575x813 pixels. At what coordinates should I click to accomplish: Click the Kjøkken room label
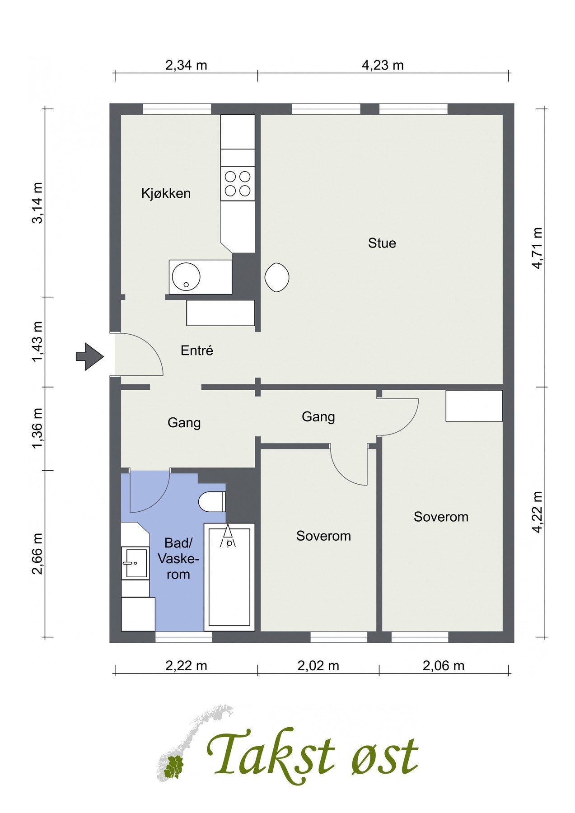pos(166,193)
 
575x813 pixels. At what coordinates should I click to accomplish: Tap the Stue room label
pos(382,243)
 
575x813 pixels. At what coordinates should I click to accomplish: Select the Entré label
pos(197,350)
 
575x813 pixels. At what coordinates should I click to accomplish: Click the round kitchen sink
pos(186,277)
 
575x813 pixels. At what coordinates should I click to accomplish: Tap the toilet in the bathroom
pos(212,501)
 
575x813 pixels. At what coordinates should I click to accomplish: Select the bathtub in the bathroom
pos(229,577)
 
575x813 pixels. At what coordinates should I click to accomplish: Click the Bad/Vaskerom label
pos(178,559)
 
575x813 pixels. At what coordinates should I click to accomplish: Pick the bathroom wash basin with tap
pos(136,563)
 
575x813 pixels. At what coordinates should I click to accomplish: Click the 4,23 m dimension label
pos(383,65)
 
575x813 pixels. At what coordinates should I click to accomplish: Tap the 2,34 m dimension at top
pos(186,65)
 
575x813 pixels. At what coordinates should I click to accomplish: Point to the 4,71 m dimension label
pos(537,248)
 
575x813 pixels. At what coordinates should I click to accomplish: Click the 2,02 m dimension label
pos(318,666)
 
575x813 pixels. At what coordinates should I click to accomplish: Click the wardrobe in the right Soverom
pos(474,406)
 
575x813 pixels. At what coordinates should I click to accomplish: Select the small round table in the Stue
pos(277,277)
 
